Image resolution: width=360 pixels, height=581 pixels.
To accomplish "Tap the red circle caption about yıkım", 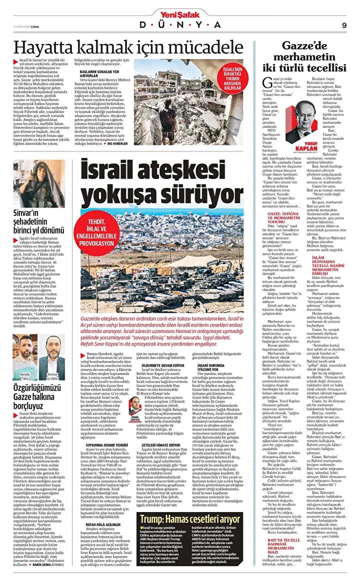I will pyautogui.click(x=238, y=78).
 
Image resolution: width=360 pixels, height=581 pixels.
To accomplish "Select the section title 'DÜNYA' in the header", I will pyautogui.click(x=179, y=25).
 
